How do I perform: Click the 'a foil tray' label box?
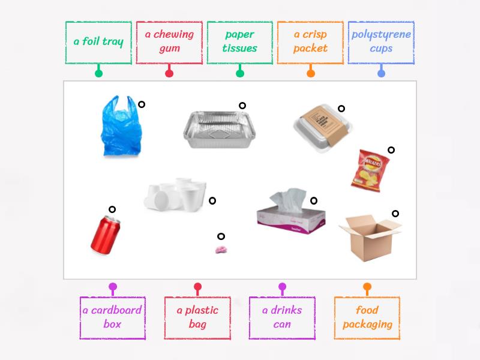(x=98, y=42)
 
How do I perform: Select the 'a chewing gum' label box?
(x=169, y=42)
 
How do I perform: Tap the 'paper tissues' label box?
(x=240, y=42)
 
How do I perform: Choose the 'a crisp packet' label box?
(x=310, y=42)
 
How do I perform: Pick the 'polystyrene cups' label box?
(x=381, y=42)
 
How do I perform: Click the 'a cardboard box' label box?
(x=112, y=317)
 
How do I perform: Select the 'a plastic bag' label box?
(x=197, y=317)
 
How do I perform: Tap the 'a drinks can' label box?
(x=282, y=317)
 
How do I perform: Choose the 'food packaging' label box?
(x=367, y=317)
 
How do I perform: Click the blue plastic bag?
(x=121, y=128)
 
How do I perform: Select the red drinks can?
(x=105, y=235)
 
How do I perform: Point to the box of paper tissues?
(x=290, y=212)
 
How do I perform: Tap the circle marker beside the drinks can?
(x=112, y=209)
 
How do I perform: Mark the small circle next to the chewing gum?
(x=221, y=236)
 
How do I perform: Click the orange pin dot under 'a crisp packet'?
(x=310, y=74)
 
